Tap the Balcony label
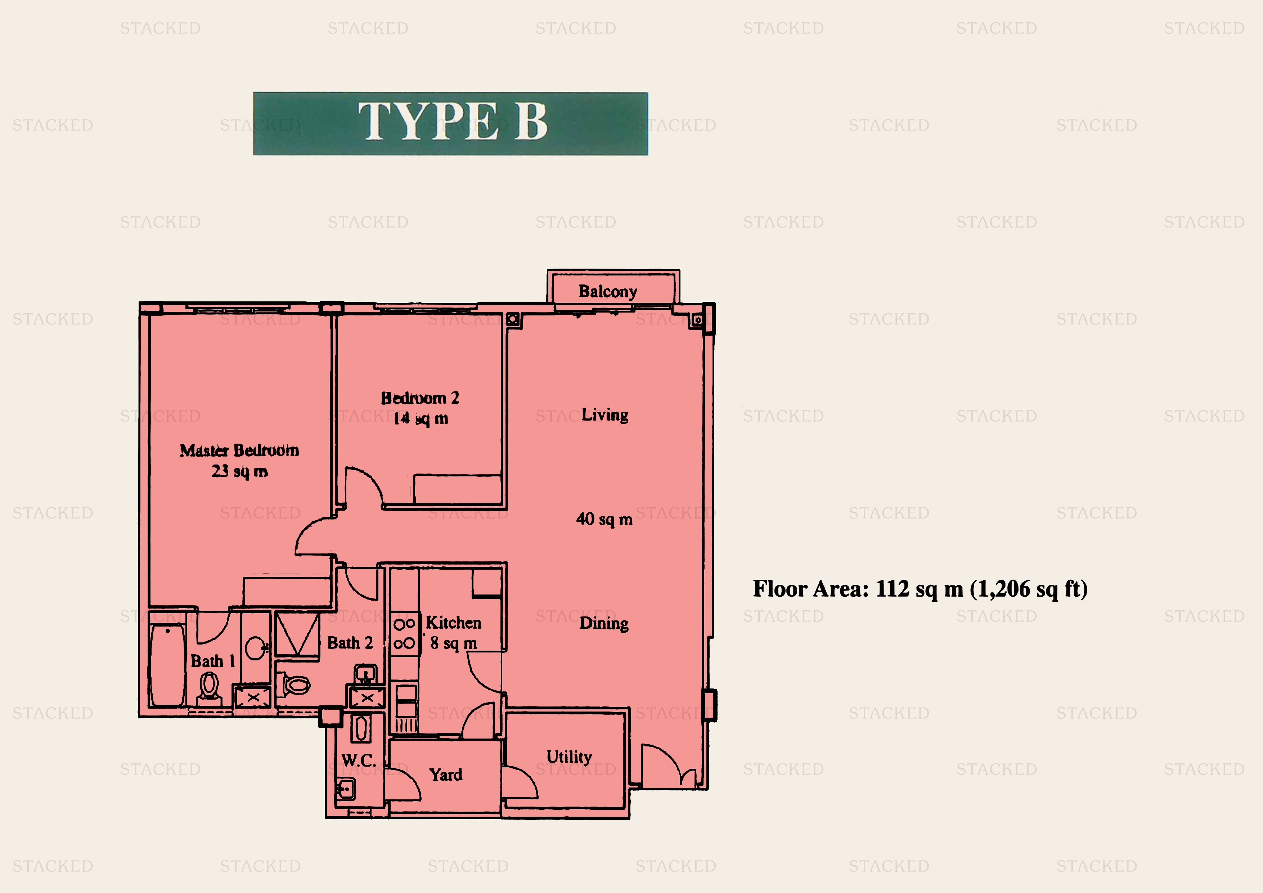pos(607,291)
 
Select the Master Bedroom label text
pos(239,450)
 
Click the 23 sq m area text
pos(239,472)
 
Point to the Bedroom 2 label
pos(420,398)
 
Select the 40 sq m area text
pos(604,519)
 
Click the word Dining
pos(603,623)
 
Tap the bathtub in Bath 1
pos(167,665)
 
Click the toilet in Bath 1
pos(209,688)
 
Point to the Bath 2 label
pos(350,643)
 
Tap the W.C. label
pos(359,761)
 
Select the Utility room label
pos(569,757)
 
